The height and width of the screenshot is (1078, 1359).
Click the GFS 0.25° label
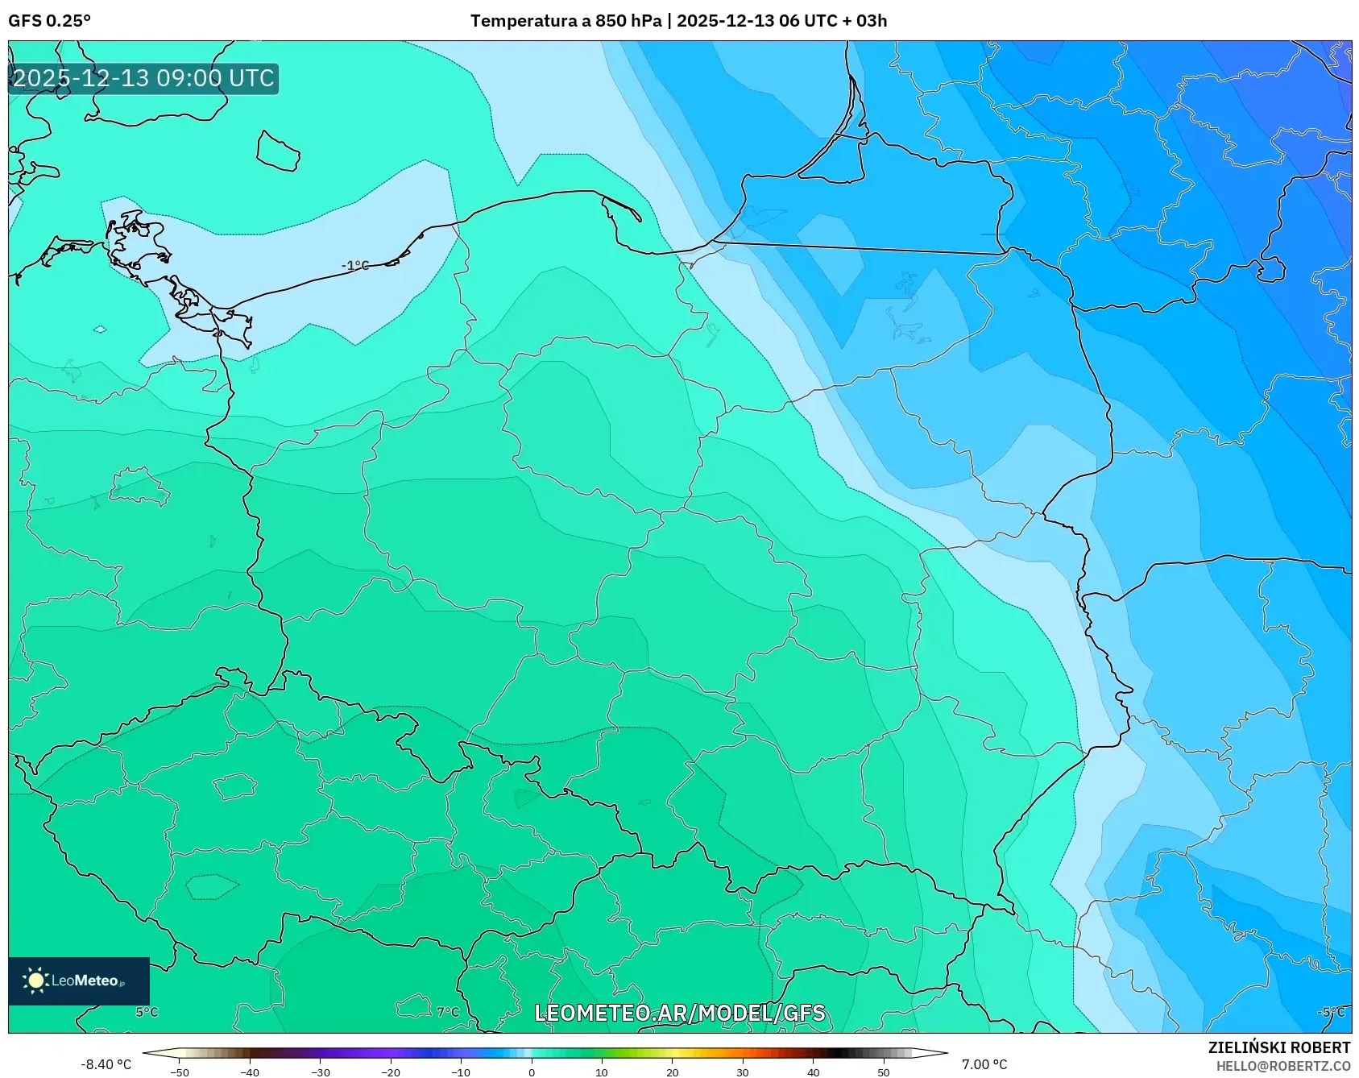(49, 21)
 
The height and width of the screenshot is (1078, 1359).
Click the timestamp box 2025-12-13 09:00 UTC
(143, 78)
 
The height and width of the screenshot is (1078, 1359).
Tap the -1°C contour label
(354, 265)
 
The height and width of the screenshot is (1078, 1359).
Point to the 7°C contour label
(447, 1012)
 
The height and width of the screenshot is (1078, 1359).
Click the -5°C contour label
(1330, 1012)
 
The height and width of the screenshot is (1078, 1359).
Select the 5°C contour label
(147, 1012)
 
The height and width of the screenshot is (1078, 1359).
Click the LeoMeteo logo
(79, 981)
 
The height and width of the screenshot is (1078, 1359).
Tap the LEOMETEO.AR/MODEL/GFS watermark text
(679, 1013)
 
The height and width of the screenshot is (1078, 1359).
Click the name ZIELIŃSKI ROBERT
(1278, 1047)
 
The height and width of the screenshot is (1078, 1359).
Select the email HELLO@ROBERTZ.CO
(1282, 1066)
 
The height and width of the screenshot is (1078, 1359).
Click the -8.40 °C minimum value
(106, 1064)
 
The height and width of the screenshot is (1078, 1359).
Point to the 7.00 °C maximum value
(984, 1064)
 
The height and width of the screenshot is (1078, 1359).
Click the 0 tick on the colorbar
(531, 1072)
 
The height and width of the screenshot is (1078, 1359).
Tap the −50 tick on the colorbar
(180, 1072)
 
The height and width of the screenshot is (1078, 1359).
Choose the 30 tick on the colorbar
(742, 1072)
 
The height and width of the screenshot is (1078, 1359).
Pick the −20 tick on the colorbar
(390, 1072)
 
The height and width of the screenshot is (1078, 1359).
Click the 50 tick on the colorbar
(883, 1072)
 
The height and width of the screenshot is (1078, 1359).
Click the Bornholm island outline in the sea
(278, 151)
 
